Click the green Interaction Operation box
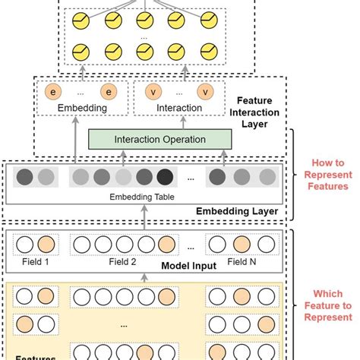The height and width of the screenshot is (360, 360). click(159, 140)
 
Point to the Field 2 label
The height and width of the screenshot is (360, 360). click(123, 262)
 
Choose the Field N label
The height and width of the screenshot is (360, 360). click(243, 262)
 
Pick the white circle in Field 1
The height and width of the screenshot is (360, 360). click(25, 245)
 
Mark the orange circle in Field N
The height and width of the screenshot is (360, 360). click(242, 245)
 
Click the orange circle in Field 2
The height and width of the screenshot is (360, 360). click(166, 245)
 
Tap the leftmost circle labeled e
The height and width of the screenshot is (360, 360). click(52, 92)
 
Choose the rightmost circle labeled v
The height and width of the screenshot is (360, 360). click(204, 92)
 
